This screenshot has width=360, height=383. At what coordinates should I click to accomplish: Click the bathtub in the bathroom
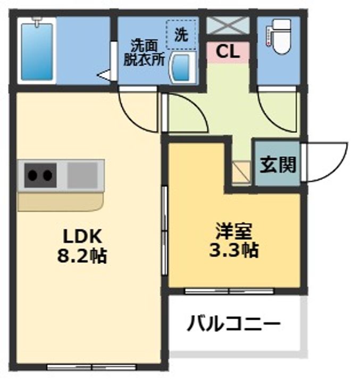[x=37, y=51]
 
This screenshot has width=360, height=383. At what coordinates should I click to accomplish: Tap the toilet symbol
[x=279, y=36]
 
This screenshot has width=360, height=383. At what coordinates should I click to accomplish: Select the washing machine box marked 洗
[x=181, y=35]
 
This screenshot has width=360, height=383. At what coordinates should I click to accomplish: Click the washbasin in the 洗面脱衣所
[x=183, y=68]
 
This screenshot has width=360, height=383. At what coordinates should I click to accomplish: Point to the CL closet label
[x=228, y=52]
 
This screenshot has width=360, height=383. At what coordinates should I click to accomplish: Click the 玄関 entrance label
[x=278, y=164]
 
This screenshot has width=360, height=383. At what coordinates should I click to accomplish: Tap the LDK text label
[x=82, y=236]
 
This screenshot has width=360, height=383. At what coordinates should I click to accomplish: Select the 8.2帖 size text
[x=82, y=256]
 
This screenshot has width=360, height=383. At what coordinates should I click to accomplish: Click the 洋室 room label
[x=234, y=231]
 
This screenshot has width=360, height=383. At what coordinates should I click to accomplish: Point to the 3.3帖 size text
[x=234, y=250]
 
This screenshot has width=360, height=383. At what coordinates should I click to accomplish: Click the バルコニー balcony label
[x=234, y=323]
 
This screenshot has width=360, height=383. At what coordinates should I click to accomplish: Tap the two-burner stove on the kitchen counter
[x=40, y=175]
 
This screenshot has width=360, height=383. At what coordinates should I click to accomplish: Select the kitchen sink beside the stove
[x=82, y=175]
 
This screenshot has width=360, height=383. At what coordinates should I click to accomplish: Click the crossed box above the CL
[x=228, y=25]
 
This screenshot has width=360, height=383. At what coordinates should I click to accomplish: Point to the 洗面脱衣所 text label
[x=144, y=52]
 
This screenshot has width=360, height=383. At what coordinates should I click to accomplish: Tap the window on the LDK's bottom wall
[x=91, y=367]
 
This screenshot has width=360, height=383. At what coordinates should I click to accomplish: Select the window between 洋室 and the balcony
[x=229, y=291]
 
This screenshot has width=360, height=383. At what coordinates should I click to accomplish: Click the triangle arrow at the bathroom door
[x=104, y=74]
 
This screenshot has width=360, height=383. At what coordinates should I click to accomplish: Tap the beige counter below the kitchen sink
[x=61, y=202]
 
